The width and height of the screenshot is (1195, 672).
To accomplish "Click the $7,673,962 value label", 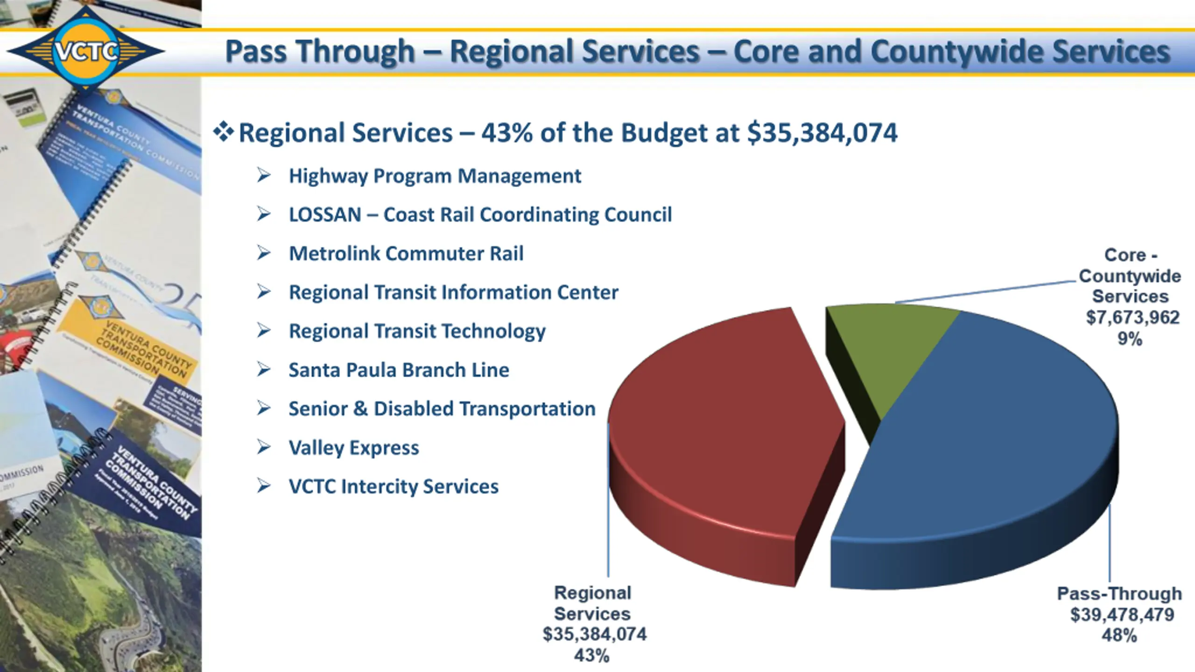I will (1132, 318).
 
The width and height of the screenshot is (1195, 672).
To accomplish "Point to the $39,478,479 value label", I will (1122, 615).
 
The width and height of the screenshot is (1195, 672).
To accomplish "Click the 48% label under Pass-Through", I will (1119, 636).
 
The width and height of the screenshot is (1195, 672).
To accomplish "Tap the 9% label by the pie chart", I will (1130, 339).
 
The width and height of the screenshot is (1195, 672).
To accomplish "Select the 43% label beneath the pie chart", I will (591, 656).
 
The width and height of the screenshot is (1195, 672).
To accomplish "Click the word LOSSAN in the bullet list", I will (325, 215).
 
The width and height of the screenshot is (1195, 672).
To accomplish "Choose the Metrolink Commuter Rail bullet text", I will (406, 254).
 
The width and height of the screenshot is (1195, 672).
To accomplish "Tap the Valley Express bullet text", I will (354, 448).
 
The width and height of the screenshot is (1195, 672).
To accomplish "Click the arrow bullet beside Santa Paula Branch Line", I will (264, 370).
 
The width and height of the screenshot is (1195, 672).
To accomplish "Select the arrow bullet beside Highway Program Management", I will (264, 175).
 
